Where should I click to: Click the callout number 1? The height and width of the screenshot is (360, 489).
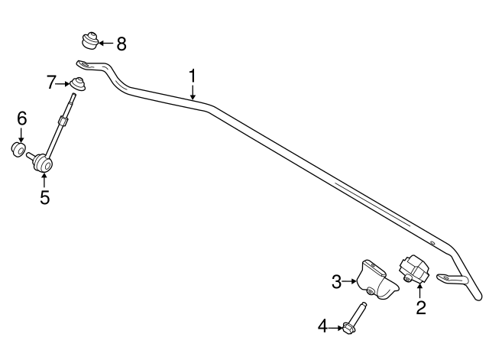click(193, 76)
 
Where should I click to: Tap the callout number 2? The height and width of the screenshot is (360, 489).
click(421, 307)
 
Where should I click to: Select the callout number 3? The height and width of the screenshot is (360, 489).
click(336, 282)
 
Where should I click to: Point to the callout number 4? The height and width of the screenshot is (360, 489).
click(322, 326)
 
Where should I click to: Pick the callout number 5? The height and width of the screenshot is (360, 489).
click(44, 197)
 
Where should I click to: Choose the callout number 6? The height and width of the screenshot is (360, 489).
click(22, 119)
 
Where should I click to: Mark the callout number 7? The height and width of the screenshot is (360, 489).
click(51, 83)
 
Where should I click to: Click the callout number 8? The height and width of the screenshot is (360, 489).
click(121, 44)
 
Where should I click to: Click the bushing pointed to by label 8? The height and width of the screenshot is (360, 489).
click(90, 40)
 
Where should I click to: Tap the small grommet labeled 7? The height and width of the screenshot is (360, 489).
click(77, 83)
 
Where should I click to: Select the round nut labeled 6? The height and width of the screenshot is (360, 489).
click(18, 150)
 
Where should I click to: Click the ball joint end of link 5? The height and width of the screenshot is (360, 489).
click(43, 163)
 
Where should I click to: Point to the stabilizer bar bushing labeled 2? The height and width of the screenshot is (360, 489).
click(414, 269)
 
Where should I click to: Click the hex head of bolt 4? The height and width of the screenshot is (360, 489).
click(348, 328)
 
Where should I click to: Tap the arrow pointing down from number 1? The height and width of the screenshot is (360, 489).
click(193, 92)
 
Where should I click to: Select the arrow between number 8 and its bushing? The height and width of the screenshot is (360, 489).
click(105, 44)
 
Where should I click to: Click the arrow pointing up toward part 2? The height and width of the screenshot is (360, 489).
click(419, 290)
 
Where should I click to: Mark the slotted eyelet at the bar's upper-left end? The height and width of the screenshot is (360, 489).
click(83, 64)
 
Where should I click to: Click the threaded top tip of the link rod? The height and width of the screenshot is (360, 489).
click(73, 96)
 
